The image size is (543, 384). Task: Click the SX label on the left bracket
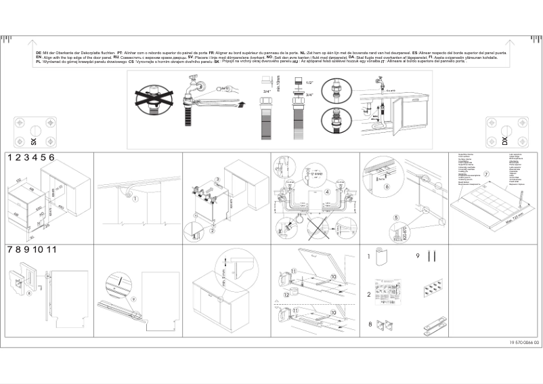pos(32,142)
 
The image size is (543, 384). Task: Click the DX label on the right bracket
pos(504,141)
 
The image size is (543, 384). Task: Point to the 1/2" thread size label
pos(309,82)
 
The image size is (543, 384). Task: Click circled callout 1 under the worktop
pos(135,198)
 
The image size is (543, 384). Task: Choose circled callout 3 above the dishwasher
pos(218,179)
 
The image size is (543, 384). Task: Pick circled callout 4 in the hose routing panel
pos(327,192)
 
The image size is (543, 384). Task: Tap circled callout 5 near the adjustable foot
pos(395,217)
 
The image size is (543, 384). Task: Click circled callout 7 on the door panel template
pos(485,175)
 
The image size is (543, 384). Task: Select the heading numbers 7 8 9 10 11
pos(30,249)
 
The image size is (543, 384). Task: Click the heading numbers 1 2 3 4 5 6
pos(30,157)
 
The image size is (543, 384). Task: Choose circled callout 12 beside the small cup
pos(286,295)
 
